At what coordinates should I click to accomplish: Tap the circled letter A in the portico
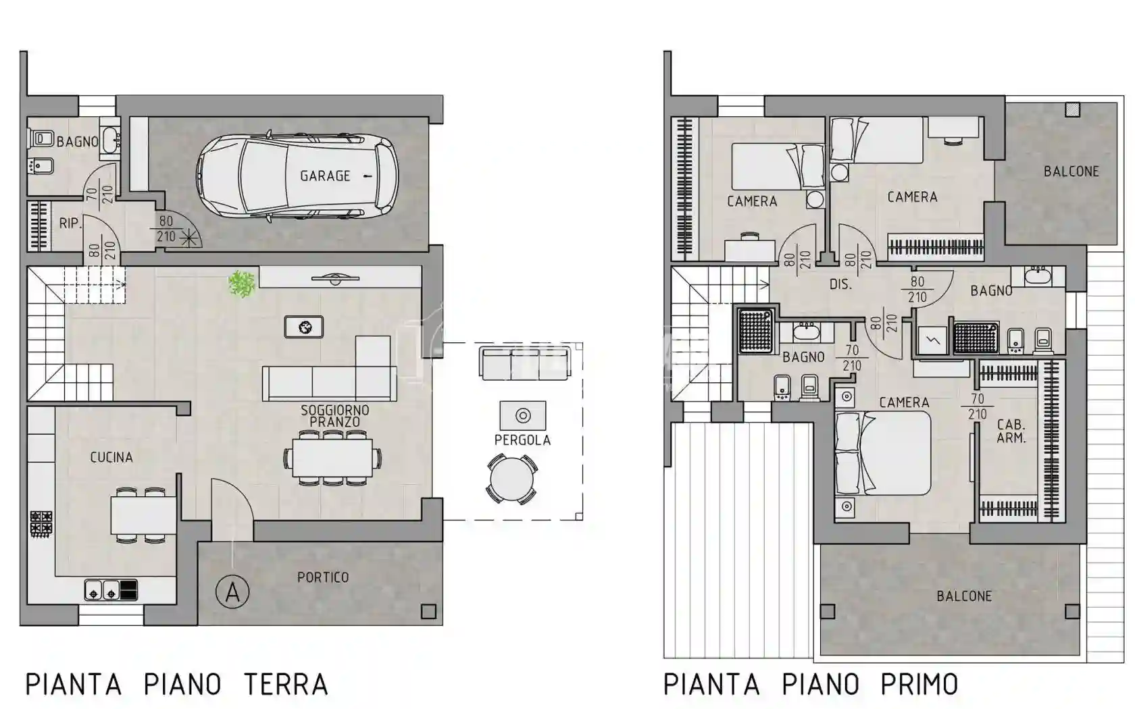pos(232,592)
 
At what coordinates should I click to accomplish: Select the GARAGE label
pos(325,176)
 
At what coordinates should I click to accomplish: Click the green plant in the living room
pos(241,284)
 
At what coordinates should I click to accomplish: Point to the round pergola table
pos(512,480)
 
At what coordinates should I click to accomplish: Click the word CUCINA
pos(111,458)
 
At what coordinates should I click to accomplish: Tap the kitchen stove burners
pos(41,525)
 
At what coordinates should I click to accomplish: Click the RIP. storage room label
pos(70,224)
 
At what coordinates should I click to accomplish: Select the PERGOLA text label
pos(522,440)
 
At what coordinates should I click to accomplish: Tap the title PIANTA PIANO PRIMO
pos(811,685)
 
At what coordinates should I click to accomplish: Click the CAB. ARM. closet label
pos(1011,431)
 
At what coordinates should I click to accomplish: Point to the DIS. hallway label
pos(840,285)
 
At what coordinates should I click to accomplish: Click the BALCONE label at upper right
pos(1071,172)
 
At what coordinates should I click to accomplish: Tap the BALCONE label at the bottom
pos(964,596)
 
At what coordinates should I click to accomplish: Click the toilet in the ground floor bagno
pos(42,139)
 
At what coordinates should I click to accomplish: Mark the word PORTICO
pos(323,577)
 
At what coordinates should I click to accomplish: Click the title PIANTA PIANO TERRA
pos(176,685)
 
